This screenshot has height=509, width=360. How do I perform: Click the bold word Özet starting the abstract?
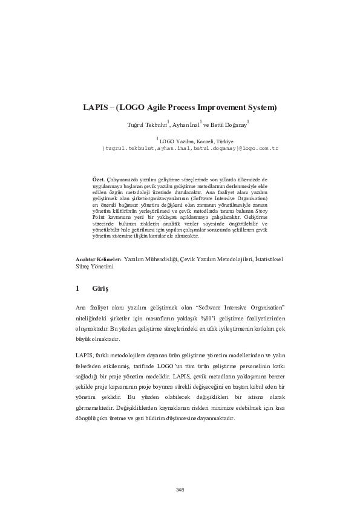point(96,180)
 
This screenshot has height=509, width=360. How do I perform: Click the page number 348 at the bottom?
point(180,490)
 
